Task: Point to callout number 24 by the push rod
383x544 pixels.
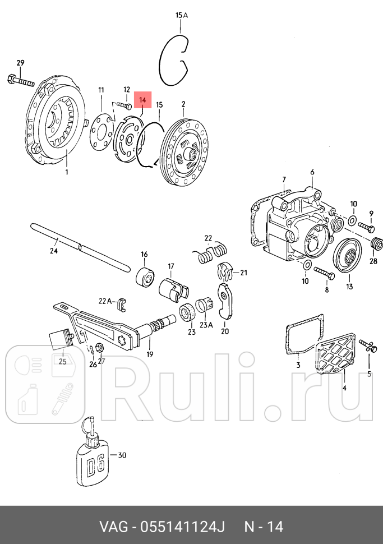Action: coord(54,251)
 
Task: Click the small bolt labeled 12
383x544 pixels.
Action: coord(125,105)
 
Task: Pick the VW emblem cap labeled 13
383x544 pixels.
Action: coord(349,257)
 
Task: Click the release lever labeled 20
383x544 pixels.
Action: coord(227,301)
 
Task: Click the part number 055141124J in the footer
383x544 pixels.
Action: coord(178,527)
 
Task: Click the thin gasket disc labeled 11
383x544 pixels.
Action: coord(101,133)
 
